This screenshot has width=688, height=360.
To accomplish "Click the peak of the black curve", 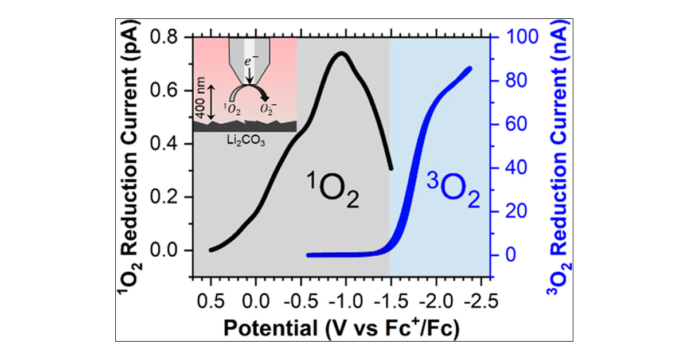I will coord(342,53).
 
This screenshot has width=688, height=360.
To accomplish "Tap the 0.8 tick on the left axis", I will coord(171,37).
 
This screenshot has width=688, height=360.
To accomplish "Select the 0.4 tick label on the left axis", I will coord(171,144).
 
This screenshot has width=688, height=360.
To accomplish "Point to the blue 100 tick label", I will coord(513,37).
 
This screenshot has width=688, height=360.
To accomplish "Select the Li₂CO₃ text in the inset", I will coord(245,140).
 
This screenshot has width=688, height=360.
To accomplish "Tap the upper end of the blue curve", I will coord(470,68).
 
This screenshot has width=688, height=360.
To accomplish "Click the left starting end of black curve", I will coord(211,249).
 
